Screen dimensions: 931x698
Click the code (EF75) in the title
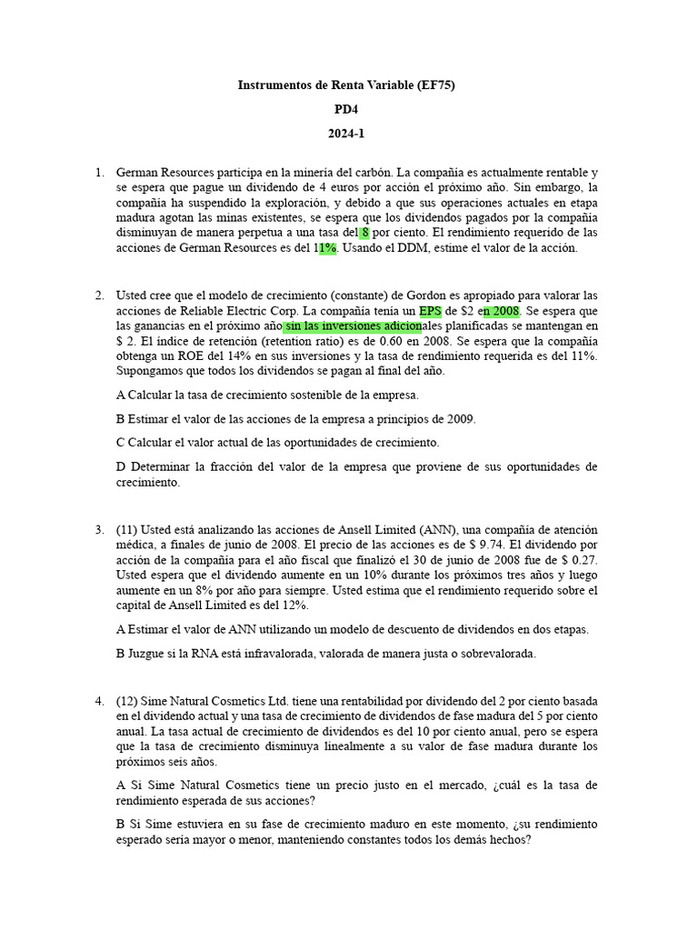point(435,85)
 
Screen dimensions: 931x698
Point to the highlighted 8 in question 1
point(365,233)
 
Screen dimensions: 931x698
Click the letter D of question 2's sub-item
point(121,467)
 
